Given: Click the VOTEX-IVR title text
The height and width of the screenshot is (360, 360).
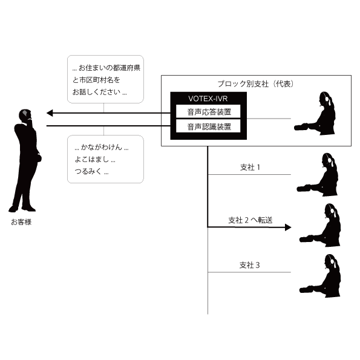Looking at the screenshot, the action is [208, 99].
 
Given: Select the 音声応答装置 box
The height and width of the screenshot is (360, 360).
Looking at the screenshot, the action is [208, 111].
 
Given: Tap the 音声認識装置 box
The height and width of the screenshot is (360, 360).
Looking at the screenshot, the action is [208, 126].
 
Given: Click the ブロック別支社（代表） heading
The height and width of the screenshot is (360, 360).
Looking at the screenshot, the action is [256, 84].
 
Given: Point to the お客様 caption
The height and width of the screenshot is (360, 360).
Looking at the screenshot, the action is [21, 222].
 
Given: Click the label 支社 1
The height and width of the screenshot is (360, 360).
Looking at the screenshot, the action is [250, 167].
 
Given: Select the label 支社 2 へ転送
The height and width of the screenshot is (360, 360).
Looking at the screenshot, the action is [250, 220].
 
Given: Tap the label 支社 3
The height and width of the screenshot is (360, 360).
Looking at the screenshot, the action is [249, 265].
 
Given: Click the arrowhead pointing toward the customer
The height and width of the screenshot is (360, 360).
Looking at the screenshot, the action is [50, 113].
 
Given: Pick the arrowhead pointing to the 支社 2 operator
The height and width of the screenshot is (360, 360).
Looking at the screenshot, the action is [288, 227].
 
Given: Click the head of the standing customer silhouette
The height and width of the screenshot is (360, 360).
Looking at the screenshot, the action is [25, 115].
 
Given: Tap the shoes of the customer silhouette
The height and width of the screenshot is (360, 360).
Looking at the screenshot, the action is [22, 209].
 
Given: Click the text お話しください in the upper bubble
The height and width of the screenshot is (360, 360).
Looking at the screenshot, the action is [96, 92].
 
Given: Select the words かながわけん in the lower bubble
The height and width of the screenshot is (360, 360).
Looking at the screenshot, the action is [102, 147].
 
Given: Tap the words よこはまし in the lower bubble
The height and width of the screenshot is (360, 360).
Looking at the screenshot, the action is [92, 159].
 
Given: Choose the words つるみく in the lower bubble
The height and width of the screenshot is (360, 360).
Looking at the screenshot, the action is [88, 171].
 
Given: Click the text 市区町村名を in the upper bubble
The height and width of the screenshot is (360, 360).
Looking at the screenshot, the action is [99, 80].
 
